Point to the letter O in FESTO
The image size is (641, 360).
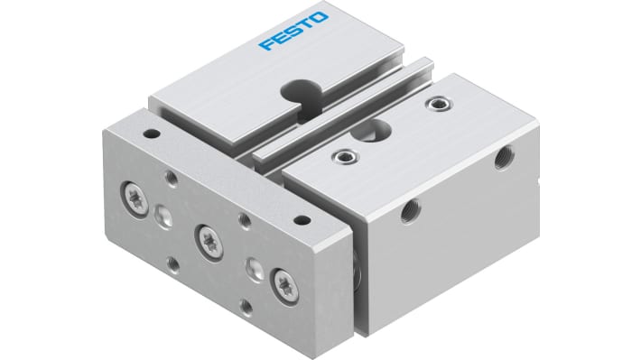pos(320,18)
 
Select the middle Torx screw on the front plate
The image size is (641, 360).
pos(207,237)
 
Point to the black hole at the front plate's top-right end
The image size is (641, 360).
pos(302,219)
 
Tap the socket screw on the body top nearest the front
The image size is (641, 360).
pos(345,161)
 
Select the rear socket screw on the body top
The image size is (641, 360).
pos(440,106)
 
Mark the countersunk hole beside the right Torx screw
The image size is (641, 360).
pos(255,267)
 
